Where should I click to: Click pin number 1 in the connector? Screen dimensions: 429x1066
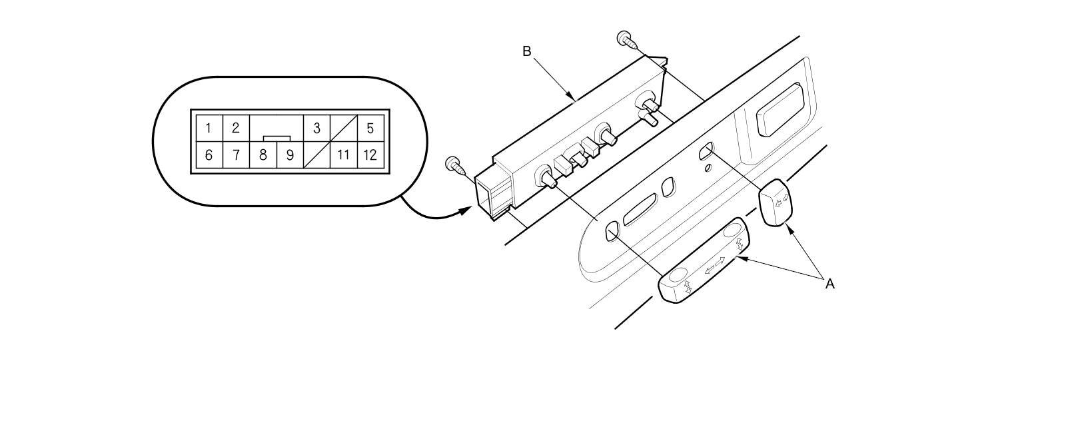(209, 128)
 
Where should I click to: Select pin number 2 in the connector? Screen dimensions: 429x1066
(236, 128)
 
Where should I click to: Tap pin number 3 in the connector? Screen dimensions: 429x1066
(316, 128)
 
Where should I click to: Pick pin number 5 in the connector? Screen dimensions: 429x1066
(370, 128)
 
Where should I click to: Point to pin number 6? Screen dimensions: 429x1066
(209, 156)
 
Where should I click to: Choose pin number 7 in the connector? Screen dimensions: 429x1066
(236, 156)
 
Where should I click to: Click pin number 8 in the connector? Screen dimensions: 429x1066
(263, 156)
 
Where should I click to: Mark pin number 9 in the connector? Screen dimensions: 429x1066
(290, 156)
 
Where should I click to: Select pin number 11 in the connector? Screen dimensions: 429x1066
(343, 156)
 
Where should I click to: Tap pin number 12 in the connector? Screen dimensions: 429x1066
(370, 156)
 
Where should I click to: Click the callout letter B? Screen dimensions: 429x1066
(526, 51)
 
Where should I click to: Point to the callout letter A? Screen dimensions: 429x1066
(829, 284)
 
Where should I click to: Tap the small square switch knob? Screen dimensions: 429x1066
(776, 202)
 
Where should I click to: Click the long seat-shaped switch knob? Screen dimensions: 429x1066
(704, 261)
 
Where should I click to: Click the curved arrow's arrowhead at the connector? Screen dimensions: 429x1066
(464, 211)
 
